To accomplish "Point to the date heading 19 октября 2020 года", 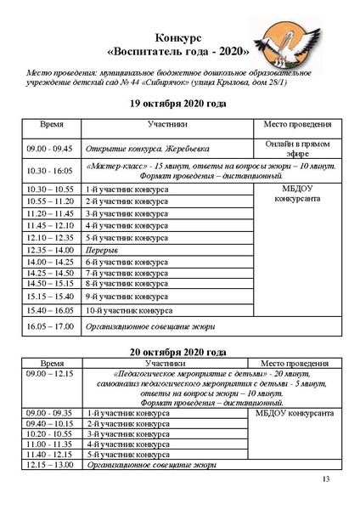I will tap(178, 104).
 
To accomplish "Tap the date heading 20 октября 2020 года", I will tap(178, 351).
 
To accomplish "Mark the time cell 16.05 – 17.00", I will tap(53, 326).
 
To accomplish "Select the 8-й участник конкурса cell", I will tap(127, 283).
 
